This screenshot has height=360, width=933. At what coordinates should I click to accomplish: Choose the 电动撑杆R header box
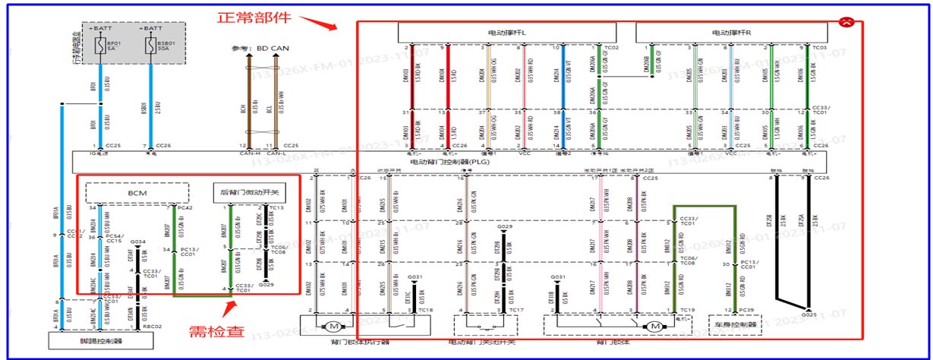coord(731,33)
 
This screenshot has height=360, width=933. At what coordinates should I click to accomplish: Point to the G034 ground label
coord(136,242)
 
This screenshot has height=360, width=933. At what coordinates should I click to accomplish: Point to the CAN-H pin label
coord(245,153)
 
